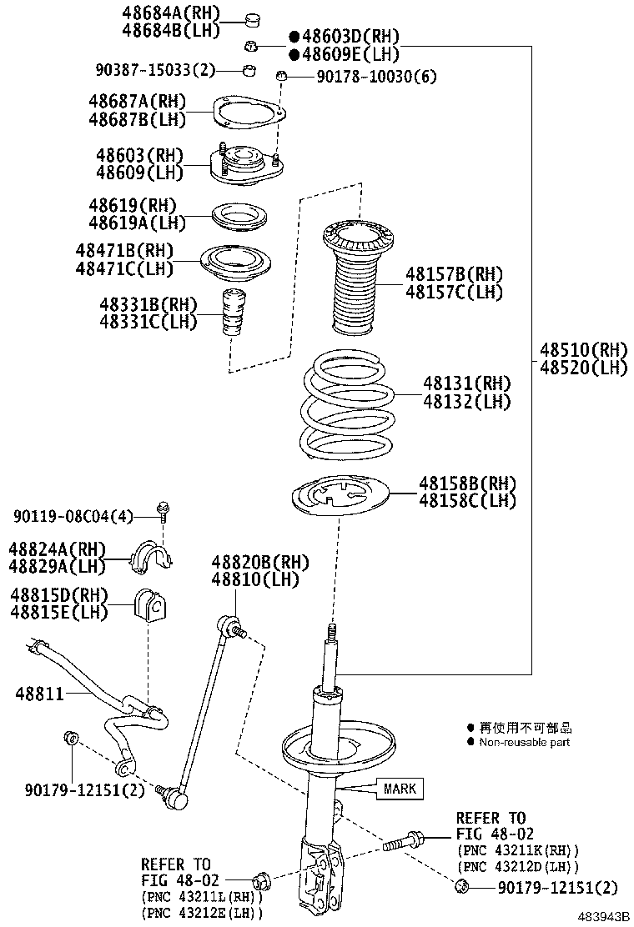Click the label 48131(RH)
[466, 383]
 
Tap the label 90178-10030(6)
[376, 77]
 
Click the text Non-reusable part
[524, 742]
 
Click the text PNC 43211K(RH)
[517, 849]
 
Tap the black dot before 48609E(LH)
[294, 54]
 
